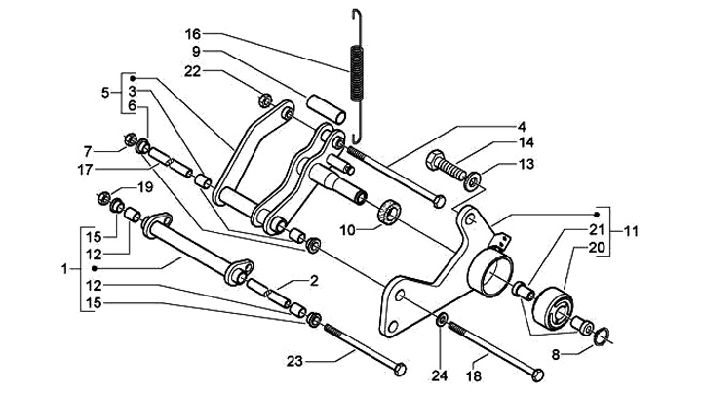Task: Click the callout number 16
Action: tap(193, 33)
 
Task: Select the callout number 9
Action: tap(196, 51)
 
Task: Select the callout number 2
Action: tap(315, 281)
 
